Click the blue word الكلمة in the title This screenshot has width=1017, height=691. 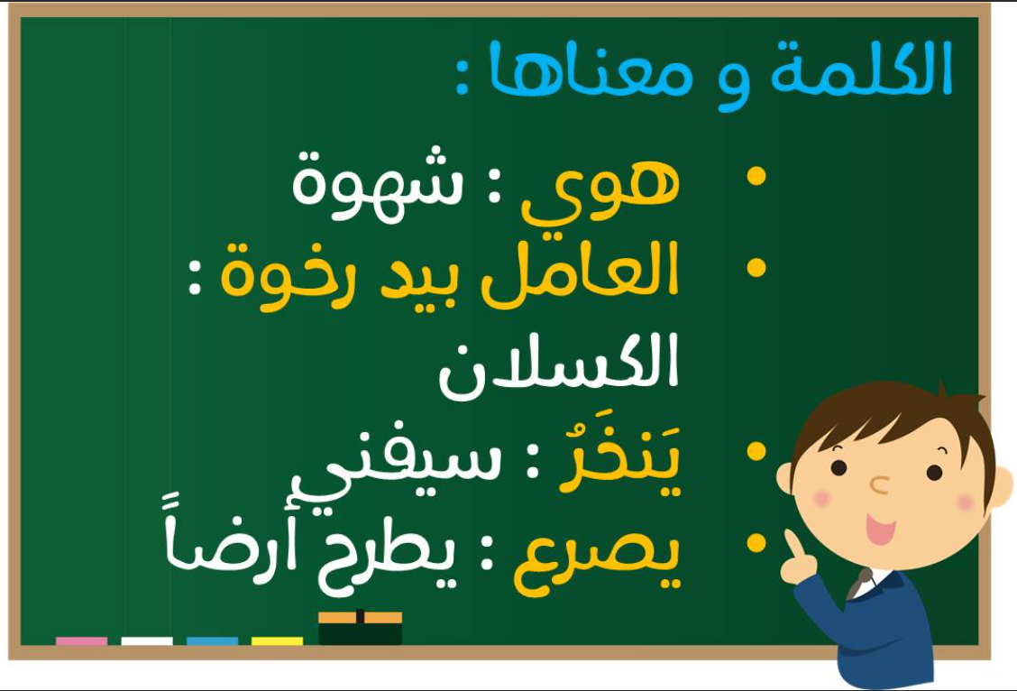[861, 69]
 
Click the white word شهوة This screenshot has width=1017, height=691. [378, 185]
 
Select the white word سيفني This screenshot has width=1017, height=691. [396, 465]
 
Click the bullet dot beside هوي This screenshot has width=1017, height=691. [756, 176]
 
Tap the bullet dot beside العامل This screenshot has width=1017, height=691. [756, 267]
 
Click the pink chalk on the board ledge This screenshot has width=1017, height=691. [82, 641]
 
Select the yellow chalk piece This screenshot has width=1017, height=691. [277, 641]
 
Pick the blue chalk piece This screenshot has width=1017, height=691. [212, 641]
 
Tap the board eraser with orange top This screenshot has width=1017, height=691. [360, 628]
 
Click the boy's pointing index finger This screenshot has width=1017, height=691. [793, 544]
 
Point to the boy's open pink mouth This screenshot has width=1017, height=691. [881, 530]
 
